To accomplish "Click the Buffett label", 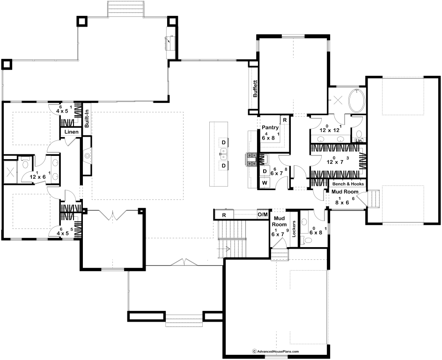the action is click(x=255, y=89).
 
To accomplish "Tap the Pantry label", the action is click(x=270, y=127).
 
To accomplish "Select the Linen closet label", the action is click(x=72, y=132).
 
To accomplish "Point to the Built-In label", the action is click(x=87, y=119).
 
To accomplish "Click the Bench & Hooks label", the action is click(x=348, y=184).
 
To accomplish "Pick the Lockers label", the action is click(x=294, y=228).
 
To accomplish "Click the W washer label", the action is click(x=265, y=183).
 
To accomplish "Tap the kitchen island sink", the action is click(x=223, y=154).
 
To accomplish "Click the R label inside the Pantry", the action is click(x=285, y=120).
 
